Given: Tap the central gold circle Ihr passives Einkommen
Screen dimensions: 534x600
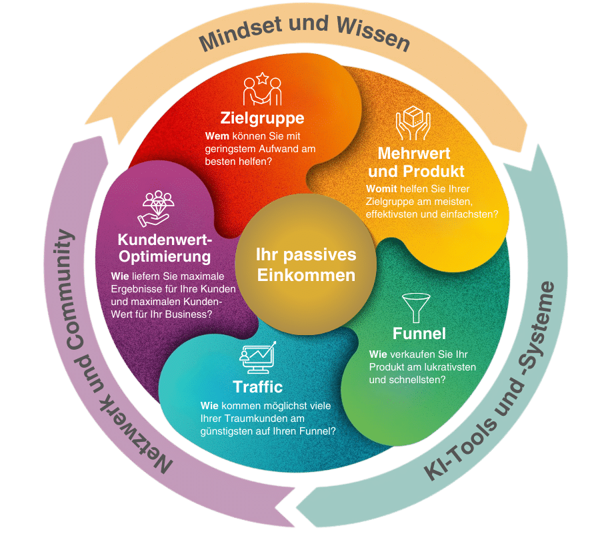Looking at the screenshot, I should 306,264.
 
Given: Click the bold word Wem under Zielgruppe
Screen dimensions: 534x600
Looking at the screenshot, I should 217,136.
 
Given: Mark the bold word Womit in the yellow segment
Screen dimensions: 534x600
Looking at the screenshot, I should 381,189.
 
